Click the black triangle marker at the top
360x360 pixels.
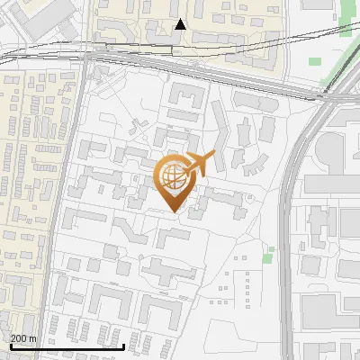coord(181,24)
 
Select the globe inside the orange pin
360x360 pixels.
coord(172,176)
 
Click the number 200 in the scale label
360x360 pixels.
coord(21,339)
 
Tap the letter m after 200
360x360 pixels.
coord(34,339)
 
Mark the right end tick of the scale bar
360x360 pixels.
coord(123,345)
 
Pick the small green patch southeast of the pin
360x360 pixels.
coord(268,256)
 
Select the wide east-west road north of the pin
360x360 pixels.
coord(198,76)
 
